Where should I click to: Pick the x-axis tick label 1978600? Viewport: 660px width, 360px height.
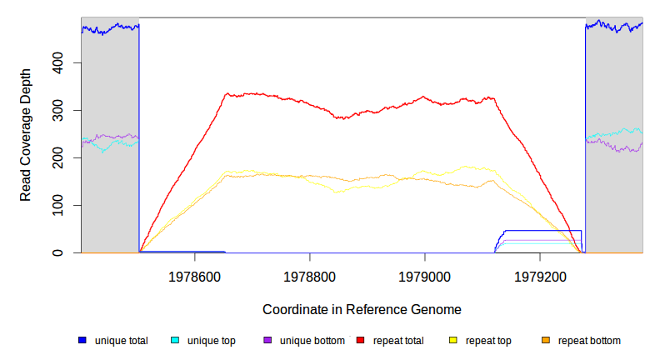coord(195,274)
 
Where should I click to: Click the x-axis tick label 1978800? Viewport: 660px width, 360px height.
coord(310,274)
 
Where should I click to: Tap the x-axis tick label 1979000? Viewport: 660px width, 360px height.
coord(425,274)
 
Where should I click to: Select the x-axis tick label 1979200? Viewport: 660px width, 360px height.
coord(540,274)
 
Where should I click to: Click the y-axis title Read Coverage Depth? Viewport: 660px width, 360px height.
coord(26,135)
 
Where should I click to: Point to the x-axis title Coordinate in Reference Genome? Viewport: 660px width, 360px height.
coord(362,309)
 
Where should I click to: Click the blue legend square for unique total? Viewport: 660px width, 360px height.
coord(82,341)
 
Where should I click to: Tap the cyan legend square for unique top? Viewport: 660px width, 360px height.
coord(175,341)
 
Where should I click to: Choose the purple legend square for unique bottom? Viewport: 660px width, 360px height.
coord(267,341)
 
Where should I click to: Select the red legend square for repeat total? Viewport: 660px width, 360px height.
coord(360,341)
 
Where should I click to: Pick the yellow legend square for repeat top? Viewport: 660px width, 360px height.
coord(453,341)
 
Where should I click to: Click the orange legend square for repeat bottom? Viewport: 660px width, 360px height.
coord(546,341)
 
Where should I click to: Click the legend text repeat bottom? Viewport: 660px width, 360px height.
coord(589,341)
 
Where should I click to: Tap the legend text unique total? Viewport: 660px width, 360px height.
coord(122,341)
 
